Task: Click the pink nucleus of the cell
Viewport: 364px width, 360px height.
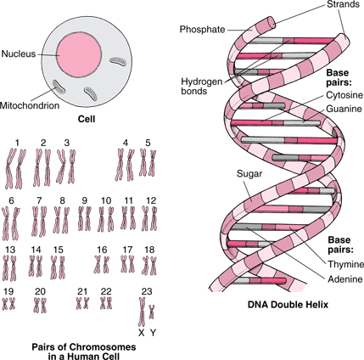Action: (x=79, y=54)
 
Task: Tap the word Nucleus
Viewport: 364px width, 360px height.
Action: (x=19, y=53)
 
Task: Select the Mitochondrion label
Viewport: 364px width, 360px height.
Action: (x=30, y=105)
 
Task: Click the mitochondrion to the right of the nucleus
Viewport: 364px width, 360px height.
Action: (x=118, y=61)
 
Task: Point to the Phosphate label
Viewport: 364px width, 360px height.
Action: (x=203, y=30)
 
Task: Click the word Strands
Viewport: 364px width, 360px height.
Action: (x=344, y=4)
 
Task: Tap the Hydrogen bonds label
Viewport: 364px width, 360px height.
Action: (x=202, y=87)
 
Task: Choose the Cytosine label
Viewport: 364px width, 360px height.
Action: (x=344, y=95)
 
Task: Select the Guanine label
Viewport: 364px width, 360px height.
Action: (x=344, y=109)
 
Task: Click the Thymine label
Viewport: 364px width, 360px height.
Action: (x=346, y=264)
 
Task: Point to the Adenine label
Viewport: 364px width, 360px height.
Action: (x=345, y=279)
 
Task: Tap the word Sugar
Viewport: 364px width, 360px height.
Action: (x=249, y=174)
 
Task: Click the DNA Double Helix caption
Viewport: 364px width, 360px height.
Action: (x=288, y=305)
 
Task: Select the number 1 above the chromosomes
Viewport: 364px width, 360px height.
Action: (x=17, y=143)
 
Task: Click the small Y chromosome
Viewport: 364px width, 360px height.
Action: (x=152, y=312)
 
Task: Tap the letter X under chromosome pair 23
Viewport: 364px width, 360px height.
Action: (x=142, y=333)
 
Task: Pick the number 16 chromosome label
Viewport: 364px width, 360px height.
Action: (x=102, y=250)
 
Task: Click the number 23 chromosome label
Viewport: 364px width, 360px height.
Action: (x=147, y=291)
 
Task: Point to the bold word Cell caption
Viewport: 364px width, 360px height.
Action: (x=87, y=119)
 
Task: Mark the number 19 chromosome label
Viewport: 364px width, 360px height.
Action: (x=8, y=291)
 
